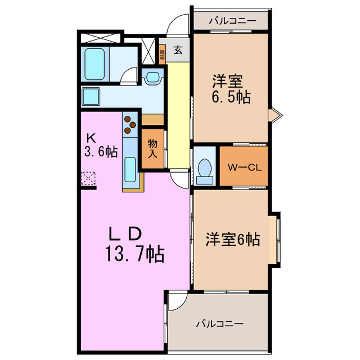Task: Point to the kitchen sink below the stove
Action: tap(129, 167)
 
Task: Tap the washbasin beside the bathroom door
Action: tap(151, 77)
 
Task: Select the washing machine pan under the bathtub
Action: tap(91, 97)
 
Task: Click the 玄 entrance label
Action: tap(178, 50)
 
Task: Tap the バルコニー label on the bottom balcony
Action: tap(219, 325)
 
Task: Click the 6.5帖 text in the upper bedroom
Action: tap(231, 97)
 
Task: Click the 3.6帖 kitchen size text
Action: tap(102, 151)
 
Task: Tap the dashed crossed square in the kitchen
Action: tap(89, 178)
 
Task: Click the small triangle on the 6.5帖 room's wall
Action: tap(274, 115)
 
